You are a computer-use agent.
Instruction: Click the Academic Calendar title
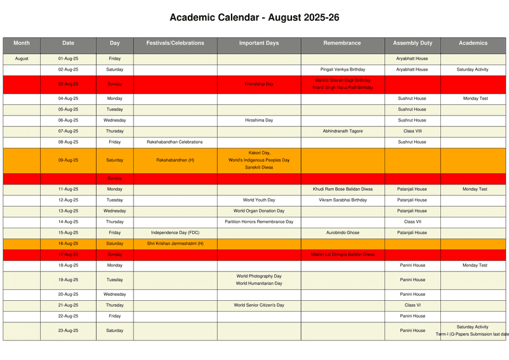pos(254,18)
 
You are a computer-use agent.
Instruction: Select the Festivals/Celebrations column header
pos(175,43)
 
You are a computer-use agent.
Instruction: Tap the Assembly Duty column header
pos(412,43)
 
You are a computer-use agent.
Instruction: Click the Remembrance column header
pos(342,43)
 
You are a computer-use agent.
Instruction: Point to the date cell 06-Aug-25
pos(68,120)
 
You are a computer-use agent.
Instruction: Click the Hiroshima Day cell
pos(259,120)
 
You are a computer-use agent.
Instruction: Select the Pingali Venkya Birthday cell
pos(343,69)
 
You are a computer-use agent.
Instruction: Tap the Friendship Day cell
pos(259,84)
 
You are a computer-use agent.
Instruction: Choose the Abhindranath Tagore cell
pos(343,131)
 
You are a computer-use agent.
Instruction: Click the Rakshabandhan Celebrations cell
pos(175,142)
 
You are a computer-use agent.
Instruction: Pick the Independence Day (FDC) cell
pos(175,233)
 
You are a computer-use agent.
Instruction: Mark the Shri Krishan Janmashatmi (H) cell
pos(175,244)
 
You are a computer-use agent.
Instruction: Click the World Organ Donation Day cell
pos(259,211)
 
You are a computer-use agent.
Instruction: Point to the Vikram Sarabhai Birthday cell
pos(343,200)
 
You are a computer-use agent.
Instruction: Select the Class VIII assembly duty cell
pos(412,131)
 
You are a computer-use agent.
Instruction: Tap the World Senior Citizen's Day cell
pos(259,305)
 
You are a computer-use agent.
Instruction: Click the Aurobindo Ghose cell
pos(343,233)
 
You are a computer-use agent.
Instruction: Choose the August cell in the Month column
pos(22,59)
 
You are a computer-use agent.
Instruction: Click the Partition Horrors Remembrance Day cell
pos(259,222)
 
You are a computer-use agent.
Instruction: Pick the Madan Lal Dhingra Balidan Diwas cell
pos(343,254)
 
